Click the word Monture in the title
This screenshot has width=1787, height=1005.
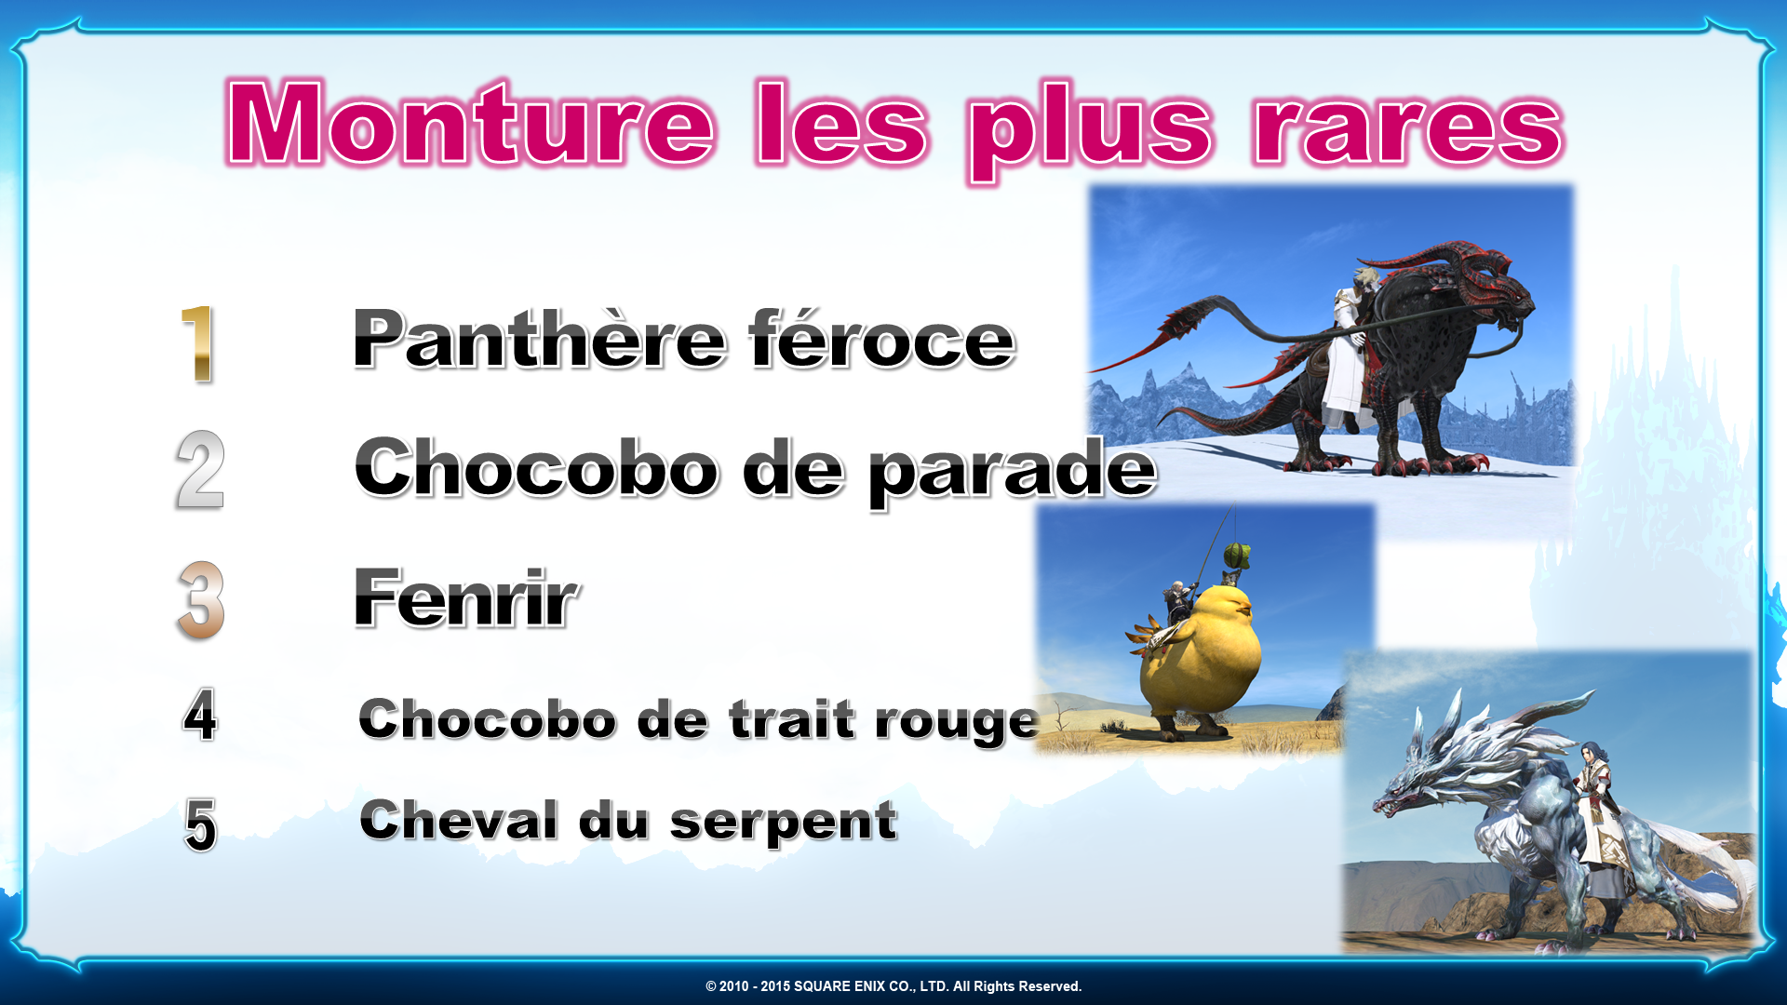point(471,124)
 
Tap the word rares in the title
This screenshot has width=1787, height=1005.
point(1407,129)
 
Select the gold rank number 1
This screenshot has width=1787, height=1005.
point(198,343)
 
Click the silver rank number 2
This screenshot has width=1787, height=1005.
point(200,470)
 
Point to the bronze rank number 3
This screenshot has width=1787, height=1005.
point(200,600)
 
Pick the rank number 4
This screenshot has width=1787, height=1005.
point(200,716)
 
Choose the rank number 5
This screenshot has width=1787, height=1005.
point(201,824)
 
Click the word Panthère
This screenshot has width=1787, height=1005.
point(539,339)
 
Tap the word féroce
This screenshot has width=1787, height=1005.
point(881,339)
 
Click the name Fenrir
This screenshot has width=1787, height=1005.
point(466,598)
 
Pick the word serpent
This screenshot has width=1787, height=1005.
point(784,823)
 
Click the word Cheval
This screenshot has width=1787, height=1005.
point(459,820)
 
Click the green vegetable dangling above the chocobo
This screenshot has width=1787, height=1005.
point(1235,555)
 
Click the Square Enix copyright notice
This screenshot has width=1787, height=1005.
point(893,986)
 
